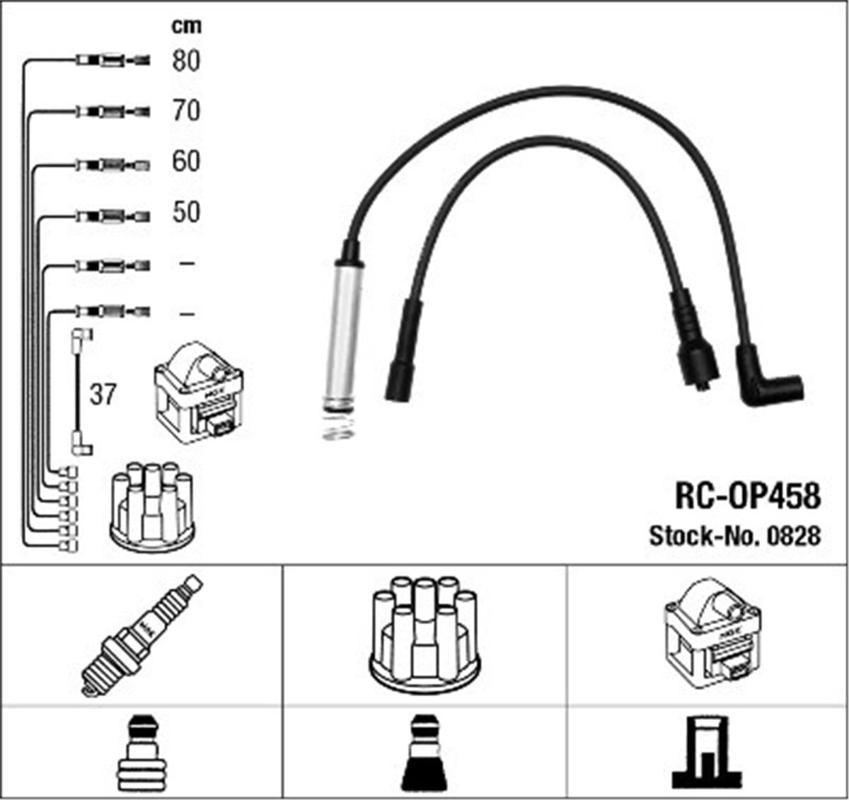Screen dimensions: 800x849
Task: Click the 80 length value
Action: pos(186,61)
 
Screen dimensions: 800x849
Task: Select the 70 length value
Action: pos(186,111)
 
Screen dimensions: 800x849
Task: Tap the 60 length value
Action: pos(186,162)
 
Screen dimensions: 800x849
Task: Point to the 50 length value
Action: pos(186,212)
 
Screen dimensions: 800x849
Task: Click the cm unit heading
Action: pos(186,26)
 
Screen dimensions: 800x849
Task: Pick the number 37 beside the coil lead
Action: pos(102,395)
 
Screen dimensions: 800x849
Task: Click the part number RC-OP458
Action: pos(748,497)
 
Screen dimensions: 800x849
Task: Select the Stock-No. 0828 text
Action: pos(734,536)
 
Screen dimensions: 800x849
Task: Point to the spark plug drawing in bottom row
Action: pos(141,634)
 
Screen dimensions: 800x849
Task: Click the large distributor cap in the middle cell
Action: pos(424,634)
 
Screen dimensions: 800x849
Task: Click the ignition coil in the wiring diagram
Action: pos(198,393)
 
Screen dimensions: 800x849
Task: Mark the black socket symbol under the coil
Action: pos(708,753)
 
